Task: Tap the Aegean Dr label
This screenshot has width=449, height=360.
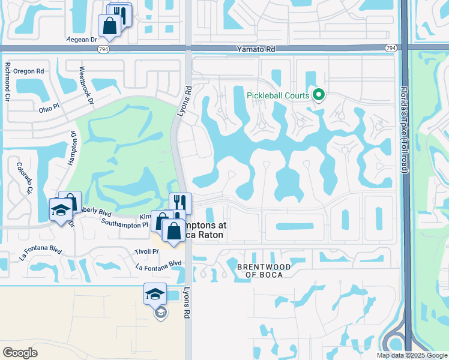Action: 82,40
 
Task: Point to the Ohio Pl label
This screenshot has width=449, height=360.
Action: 49,109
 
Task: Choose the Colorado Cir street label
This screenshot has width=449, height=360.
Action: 25,178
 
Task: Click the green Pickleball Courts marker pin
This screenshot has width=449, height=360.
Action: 319,95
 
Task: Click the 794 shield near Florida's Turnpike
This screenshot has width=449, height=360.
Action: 391,47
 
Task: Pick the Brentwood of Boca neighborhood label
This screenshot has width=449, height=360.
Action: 264,271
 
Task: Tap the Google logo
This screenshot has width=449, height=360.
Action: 20,353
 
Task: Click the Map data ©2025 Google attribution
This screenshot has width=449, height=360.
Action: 411,355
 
